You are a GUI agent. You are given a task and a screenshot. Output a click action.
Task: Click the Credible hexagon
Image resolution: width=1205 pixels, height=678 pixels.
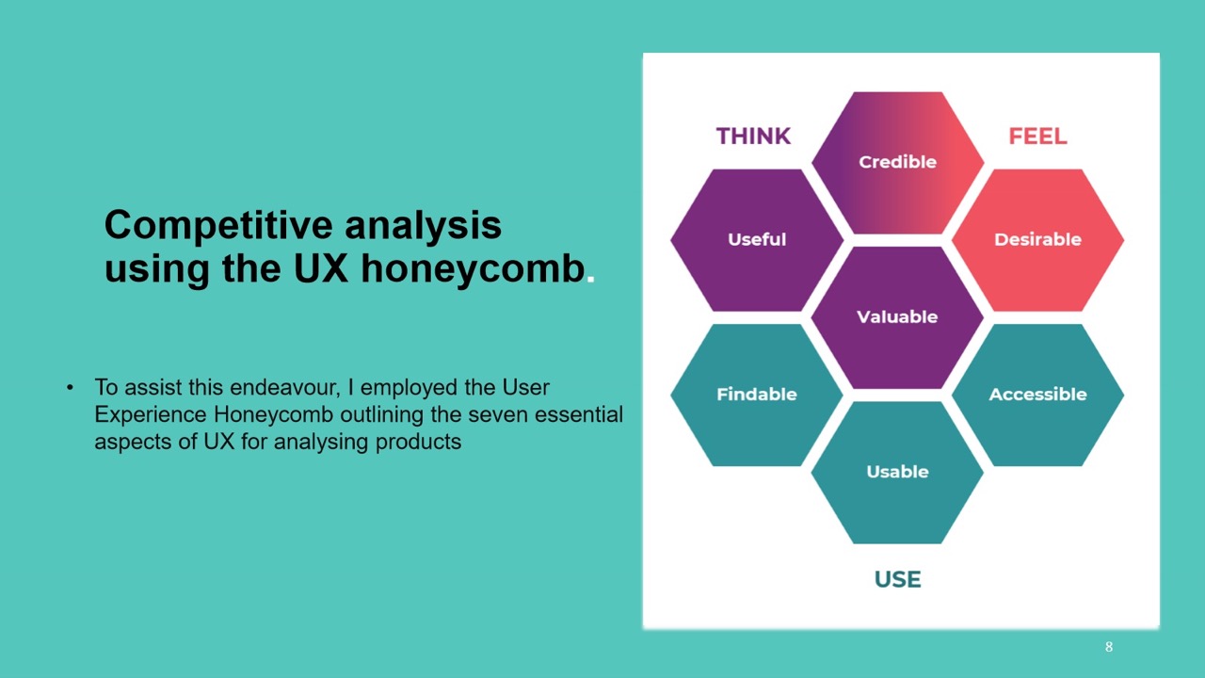897,163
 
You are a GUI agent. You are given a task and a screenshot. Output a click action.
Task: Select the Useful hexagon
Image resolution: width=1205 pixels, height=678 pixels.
756,240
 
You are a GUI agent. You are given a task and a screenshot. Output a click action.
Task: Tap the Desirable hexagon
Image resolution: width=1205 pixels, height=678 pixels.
1037,240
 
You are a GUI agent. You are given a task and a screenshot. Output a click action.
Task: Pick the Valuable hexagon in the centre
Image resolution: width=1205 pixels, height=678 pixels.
897,317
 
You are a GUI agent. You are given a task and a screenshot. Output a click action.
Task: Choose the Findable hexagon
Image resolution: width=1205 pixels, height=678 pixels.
756,395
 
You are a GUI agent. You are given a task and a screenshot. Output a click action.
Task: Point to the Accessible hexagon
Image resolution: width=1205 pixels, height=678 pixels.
1037,395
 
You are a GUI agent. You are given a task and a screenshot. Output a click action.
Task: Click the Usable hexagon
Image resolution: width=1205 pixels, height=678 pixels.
897,473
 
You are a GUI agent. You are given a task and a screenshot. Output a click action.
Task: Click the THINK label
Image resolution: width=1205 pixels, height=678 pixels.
753,137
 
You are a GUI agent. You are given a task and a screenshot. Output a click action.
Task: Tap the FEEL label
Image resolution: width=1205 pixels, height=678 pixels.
1037,137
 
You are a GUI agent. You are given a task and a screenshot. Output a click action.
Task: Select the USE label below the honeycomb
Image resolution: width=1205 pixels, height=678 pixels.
898,579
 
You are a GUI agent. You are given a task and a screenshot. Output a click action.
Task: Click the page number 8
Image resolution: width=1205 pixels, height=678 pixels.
1109,647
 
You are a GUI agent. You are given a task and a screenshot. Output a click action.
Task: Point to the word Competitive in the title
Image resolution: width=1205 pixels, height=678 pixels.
218,226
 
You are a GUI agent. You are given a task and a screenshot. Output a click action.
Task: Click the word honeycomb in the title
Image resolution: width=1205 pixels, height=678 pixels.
473,268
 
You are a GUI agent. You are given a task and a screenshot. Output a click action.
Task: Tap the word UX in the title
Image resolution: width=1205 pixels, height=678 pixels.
321,268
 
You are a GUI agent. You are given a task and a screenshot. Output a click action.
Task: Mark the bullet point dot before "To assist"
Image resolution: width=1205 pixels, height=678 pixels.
70,387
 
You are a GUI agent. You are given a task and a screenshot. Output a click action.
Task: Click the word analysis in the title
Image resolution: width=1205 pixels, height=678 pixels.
423,226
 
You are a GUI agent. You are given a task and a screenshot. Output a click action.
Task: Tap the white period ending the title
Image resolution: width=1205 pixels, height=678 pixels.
590,279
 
